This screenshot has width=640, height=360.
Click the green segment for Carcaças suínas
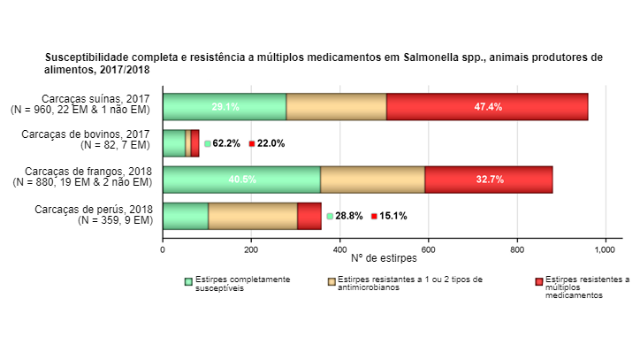click(x=225, y=106)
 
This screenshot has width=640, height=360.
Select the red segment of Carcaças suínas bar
click(x=487, y=106)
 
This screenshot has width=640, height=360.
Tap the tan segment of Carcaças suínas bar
click(x=337, y=106)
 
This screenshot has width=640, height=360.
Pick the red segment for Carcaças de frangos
click(x=489, y=179)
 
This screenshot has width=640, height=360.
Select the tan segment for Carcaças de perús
click(x=253, y=216)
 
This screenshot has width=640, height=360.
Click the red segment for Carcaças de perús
click(x=309, y=216)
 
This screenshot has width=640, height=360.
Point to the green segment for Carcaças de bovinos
click(x=174, y=143)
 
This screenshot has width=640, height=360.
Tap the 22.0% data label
click(x=270, y=143)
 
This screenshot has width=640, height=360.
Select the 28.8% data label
click(x=348, y=216)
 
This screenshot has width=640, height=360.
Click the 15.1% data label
click(x=393, y=216)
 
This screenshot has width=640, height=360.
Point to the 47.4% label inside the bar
click(x=488, y=107)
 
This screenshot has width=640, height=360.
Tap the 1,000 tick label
click(x=605, y=249)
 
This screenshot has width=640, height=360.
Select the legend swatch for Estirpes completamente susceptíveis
click(x=188, y=281)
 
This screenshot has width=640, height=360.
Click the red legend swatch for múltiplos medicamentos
click(x=538, y=281)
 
